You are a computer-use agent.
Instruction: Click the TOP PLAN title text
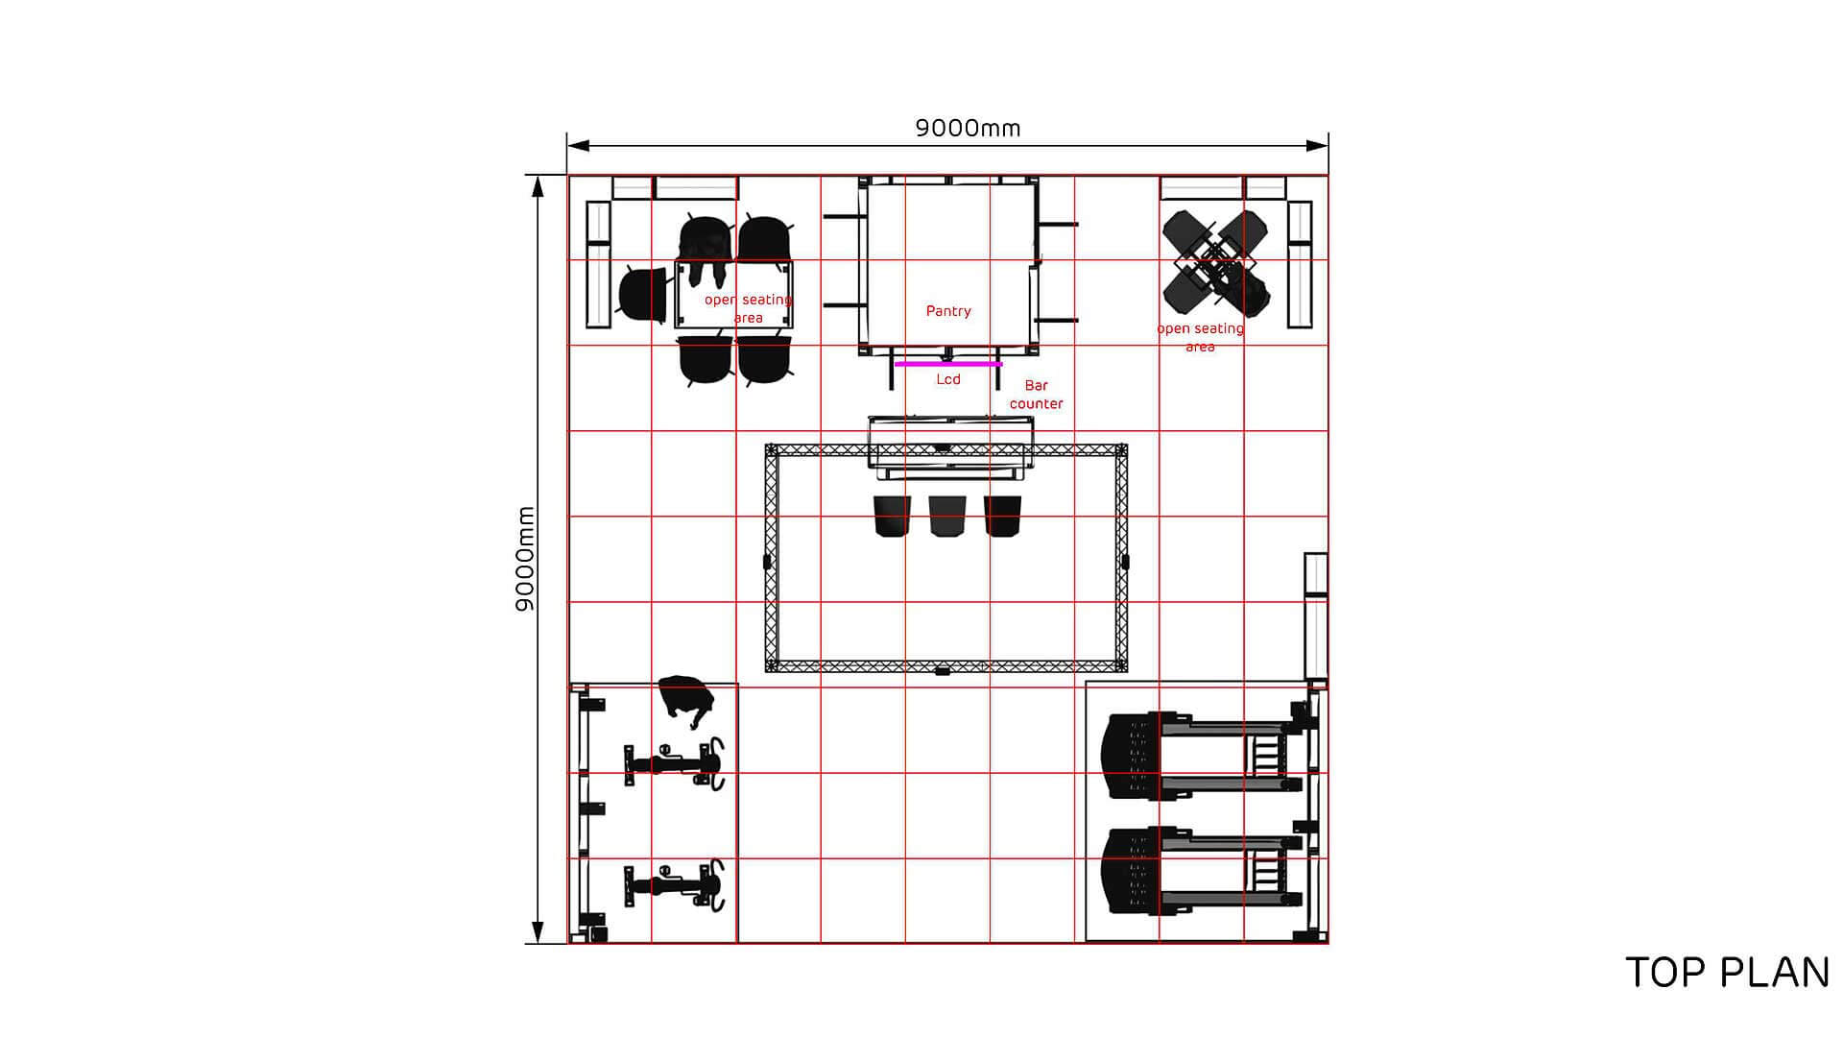pyautogui.click(x=1727, y=973)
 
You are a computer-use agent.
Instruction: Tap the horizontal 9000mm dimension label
pyautogui.click(x=968, y=128)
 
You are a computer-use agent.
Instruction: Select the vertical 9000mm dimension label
pyautogui.click(x=525, y=559)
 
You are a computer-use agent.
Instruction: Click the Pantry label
pyautogui.click(x=948, y=311)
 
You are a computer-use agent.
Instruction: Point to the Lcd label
pyautogui.click(x=948, y=379)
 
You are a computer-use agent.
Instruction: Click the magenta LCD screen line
pyautogui.click(x=948, y=365)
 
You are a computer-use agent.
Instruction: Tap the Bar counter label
pyautogui.click(x=1037, y=395)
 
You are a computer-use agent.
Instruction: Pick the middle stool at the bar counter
pyautogui.click(x=947, y=517)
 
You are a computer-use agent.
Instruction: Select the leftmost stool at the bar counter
pyautogui.click(x=892, y=517)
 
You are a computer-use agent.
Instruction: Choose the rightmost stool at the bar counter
pyautogui.click(x=1003, y=517)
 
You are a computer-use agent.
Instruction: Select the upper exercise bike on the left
pyautogui.click(x=674, y=764)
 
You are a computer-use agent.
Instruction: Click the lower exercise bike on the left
pyautogui.click(x=674, y=884)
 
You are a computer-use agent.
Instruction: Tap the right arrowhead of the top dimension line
pyautogui.click(x=1317, y=146)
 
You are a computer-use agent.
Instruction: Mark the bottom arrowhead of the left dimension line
pyautogui.click(x=538, y=931)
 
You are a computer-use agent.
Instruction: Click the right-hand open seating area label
pyautogui.click(x=1200, y=337)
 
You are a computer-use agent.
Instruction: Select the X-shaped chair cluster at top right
pyautogui.click(x=1216, y=263)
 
